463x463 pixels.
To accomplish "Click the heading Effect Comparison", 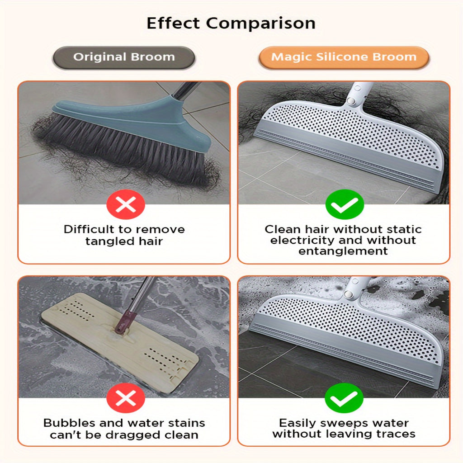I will (x=231, y=24).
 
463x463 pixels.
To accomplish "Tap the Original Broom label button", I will (x=124, y=57).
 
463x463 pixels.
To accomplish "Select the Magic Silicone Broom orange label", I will (x=344, y=57).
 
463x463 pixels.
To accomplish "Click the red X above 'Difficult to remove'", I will (x=126, y=204).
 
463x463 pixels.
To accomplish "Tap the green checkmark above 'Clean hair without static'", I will (x=345, y=204).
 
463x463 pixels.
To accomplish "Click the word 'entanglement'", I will (x=343, y=251).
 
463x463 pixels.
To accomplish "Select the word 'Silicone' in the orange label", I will (x=348, y=57).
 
